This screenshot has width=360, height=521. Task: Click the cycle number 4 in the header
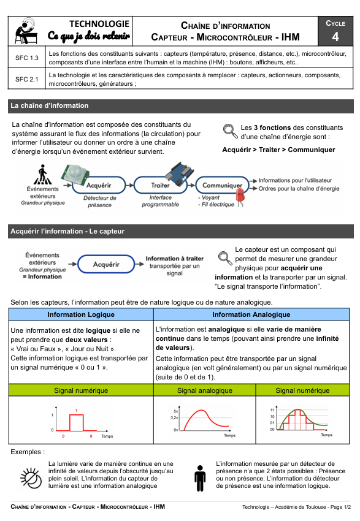(x=335, y=36)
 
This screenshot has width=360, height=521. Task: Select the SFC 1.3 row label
(x=27, y=58)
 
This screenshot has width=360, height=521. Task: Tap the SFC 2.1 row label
(x=27, y=80)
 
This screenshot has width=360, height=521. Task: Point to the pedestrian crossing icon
(x=42, y=175)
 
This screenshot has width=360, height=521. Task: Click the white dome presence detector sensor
(x=75, y=175)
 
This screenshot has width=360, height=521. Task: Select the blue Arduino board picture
(x=180, y=173)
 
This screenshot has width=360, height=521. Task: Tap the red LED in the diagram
(x=240, y=196)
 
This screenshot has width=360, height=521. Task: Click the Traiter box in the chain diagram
(x=161, y=185)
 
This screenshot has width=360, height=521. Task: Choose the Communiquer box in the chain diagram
(x=222, y=185)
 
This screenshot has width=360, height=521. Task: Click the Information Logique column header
(x=81, y=314)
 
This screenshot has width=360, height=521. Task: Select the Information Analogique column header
(x=251, y=314)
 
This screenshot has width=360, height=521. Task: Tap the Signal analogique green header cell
(x=205, y=390)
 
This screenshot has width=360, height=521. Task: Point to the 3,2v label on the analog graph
(x=174, y=417)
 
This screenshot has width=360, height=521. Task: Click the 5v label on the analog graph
(x=175, y=411)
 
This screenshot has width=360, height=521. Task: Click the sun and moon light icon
(x=31, y=478)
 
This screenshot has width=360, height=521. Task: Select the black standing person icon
(x=200, y=478)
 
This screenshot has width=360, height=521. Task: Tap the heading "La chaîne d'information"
(x=50, y=105)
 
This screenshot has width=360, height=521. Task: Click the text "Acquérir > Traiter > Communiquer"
(x=278, y=150)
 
